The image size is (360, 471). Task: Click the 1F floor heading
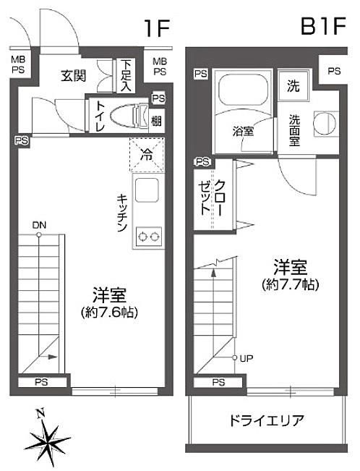point(157,28)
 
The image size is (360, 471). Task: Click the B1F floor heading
point(323,26)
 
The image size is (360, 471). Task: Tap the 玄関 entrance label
point(74,75)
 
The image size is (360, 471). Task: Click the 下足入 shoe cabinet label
point(126,76)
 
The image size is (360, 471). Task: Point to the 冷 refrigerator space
point(147,155)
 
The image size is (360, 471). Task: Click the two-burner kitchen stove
point(149,237)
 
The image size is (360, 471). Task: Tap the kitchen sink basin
point(147,190)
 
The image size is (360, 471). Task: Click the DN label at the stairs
point(39,225)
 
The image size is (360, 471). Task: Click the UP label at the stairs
point(247,358)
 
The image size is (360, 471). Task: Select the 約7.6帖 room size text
point(109,313)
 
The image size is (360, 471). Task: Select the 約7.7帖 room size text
point(291,284)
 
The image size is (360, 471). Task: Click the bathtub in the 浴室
point(243,90)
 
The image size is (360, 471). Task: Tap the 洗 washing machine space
point(293,85)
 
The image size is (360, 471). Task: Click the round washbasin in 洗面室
point(325,122)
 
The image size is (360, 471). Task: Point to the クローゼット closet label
point(212,197)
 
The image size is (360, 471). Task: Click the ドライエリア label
point(267,420)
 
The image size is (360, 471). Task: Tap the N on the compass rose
point(40,414)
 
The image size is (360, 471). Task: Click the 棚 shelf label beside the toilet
point(156,122)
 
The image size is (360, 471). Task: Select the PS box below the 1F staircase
point(42,383)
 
